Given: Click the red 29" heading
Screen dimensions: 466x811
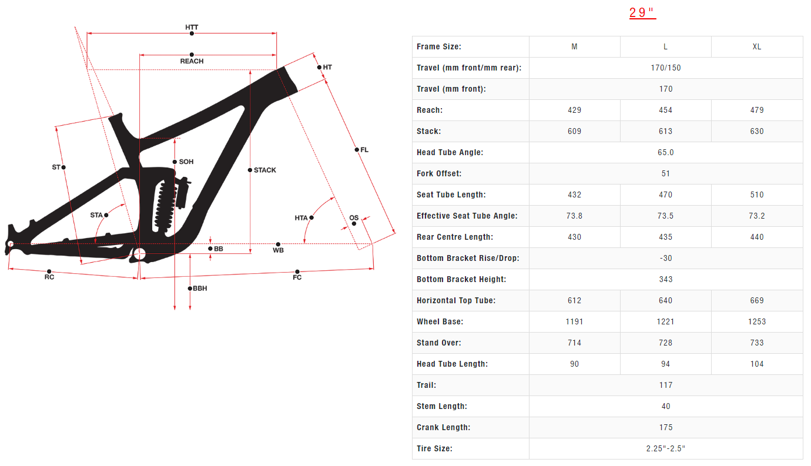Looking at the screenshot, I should coord(642,13).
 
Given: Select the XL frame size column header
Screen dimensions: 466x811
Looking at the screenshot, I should coord(757,46).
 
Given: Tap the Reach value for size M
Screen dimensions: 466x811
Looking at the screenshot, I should coord(574,110).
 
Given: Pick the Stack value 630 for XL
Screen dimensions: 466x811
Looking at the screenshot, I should coord(757,131).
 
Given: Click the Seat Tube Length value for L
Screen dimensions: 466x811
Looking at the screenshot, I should coord(665,195).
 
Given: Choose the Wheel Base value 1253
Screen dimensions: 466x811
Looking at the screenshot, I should coord(757,321).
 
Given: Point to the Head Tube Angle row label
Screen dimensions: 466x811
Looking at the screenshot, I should coord(450,152).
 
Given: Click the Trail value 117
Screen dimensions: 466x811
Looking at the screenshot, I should coord(665,385).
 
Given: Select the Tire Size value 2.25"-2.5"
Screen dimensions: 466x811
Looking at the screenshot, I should coord(665,448).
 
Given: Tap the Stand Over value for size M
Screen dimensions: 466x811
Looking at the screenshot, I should coord(574,343).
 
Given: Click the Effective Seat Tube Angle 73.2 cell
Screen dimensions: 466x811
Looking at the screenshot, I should coord(757,216).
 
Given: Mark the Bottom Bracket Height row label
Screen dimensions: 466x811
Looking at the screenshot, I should coord(461,279).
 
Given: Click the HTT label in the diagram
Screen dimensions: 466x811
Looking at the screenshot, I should coord(192,27).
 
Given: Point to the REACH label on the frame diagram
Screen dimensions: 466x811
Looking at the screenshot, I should coord(192,61).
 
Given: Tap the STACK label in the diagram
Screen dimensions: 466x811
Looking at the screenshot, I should coord(264,170).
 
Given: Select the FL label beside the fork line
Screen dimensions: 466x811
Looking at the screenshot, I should coord(364,150).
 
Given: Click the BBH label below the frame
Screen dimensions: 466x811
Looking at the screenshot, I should coord(200,289).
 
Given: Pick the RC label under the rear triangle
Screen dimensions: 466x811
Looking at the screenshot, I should coord(49,277).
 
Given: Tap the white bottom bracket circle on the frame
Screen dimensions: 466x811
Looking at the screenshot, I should coord(139,254).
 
